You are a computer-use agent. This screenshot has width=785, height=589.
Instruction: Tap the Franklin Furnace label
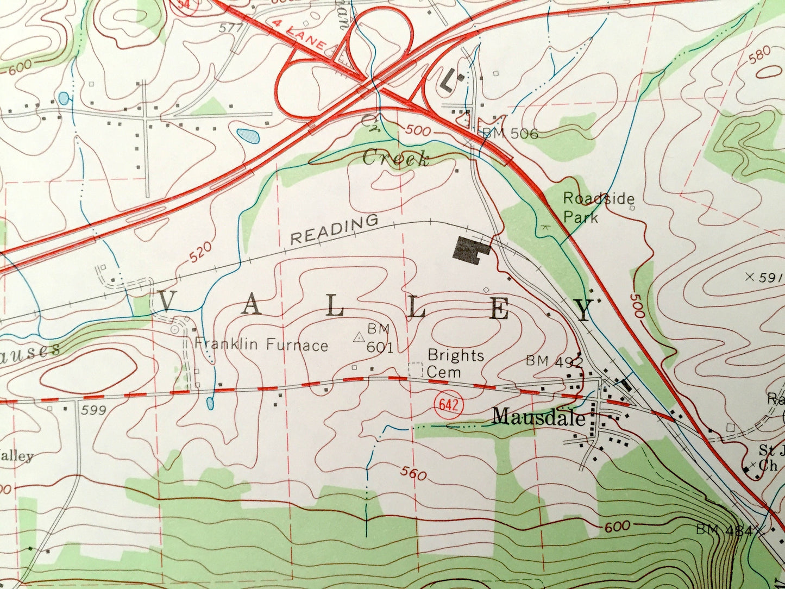tap(261, 344)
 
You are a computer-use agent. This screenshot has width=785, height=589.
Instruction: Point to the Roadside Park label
tap(598, 208)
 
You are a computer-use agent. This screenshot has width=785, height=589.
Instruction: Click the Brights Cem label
tap(455, 363)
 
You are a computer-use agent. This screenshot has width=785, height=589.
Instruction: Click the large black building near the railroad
tap(470, 250)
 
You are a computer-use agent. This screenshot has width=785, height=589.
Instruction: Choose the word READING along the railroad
tap(334, 230)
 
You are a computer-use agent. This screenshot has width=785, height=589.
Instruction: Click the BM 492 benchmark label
tap(554, 361)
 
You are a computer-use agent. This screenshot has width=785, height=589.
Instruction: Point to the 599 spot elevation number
tap(93, 411)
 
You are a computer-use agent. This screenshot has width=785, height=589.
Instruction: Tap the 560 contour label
tap(413, 473)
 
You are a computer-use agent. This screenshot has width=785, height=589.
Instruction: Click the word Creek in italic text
tap(395, 159)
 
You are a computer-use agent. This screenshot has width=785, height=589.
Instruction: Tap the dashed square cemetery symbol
tap(416, 369)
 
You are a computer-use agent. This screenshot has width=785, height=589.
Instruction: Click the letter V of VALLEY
tap(165, 300)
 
